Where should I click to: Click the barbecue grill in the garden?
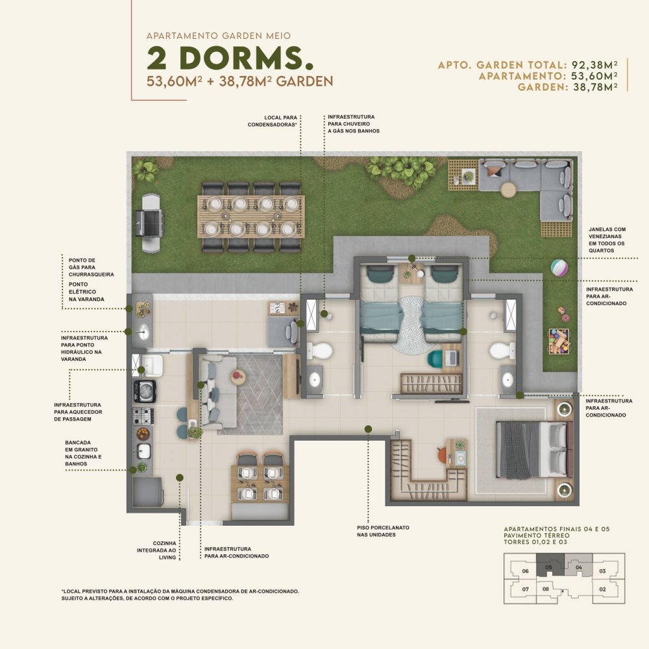click(150, 223)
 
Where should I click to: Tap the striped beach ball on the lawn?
click(559, 267)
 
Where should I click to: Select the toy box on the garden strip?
click(559, 341)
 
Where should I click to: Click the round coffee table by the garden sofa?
click(508, 190)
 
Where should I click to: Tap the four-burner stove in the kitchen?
click(143, 415)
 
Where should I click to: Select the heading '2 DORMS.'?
click(230, 58)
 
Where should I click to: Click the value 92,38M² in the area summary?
click(594, 65)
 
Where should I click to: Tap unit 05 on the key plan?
click(549, 567)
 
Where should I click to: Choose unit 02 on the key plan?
click(602, 589)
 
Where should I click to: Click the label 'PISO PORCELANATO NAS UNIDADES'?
click(383, 531)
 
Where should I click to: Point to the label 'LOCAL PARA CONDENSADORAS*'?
click(273, 121)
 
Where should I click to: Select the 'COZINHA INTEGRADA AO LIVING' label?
click(156, 550)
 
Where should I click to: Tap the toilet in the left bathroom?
click(321, 351)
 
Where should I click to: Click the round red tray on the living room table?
click(237, 375)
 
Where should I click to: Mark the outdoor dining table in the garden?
click(251, 217)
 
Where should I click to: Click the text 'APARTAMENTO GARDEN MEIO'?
click(219, 36)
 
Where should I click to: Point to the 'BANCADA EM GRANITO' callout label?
click(83, 453)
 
